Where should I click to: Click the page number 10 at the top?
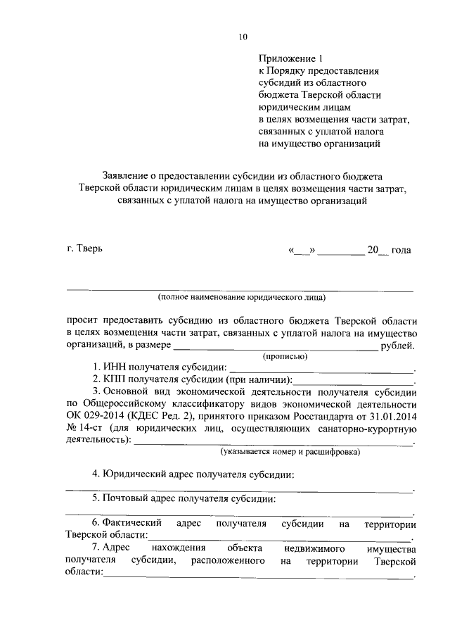(243, 37)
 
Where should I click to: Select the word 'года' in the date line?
(399, 251)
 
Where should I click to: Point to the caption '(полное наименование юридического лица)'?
(240, 297)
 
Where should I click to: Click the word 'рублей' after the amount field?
(396, 345)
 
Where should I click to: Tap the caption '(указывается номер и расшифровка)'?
(289, 451)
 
